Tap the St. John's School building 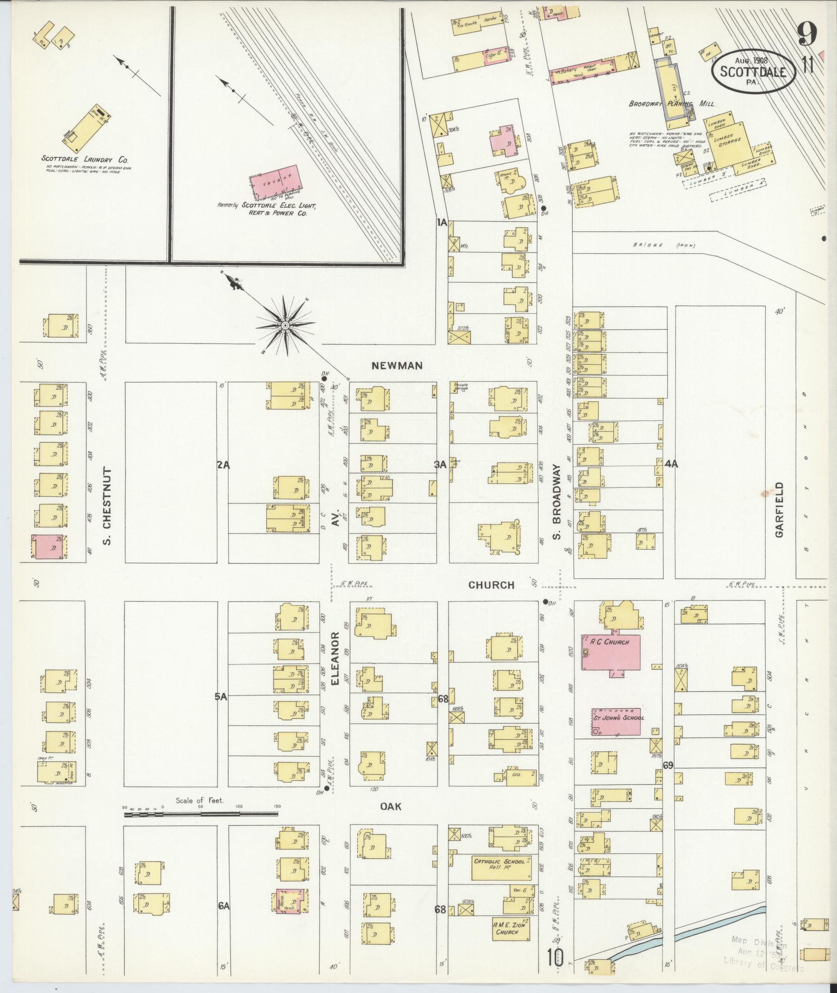pyautogui.click(x=616, y=721)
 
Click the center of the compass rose pyautogui.click(x=285, y=325)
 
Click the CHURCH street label pyautogui.click(x=491, y=585)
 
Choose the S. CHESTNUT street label pyautogui.click(x=107, y=506)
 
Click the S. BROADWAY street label pyautogui.click(x=557, y=501)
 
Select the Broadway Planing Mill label pyautogui.click(x=673, y=104)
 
